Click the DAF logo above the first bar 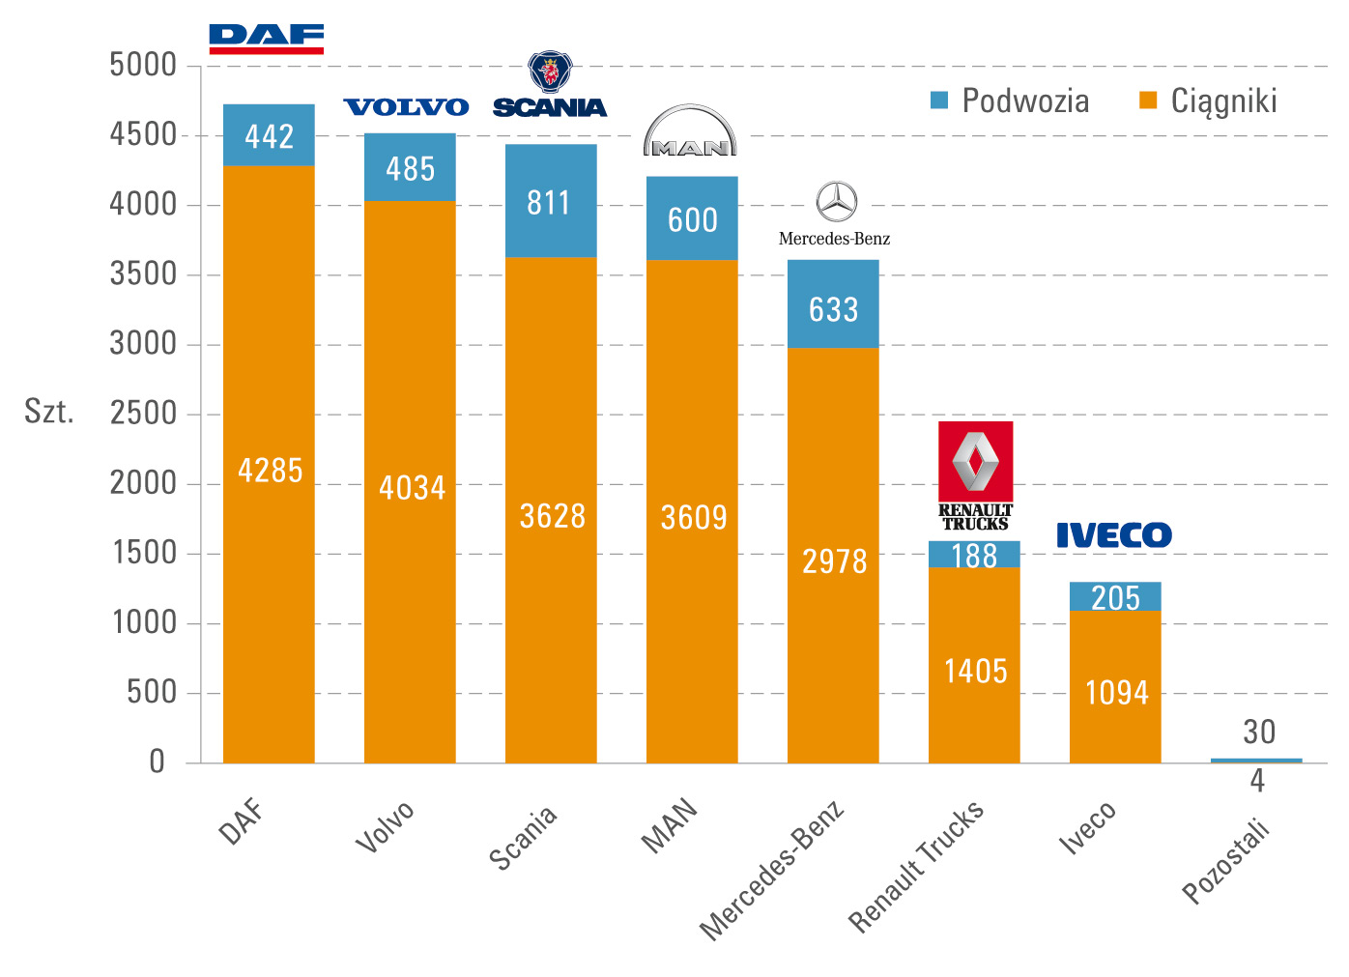click(267, 39)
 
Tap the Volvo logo click(406, 107)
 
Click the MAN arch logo click(690, 131)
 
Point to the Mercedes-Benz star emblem click(836, 202)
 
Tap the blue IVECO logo click(1113, 535)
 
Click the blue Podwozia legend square click(939, 101)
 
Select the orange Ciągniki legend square click(1148, 101)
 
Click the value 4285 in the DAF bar click(270, 471)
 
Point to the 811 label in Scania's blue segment click(549, 203)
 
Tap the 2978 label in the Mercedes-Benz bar click(834, 561)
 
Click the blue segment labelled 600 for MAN click(692, 219)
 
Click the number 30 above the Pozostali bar click(1259, 733)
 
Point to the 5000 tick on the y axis click(143, 66)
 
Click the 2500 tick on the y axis click(143, 414)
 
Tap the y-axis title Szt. click(49, 412)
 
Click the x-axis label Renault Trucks click(916, 866)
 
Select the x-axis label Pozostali click(1226, 861)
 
